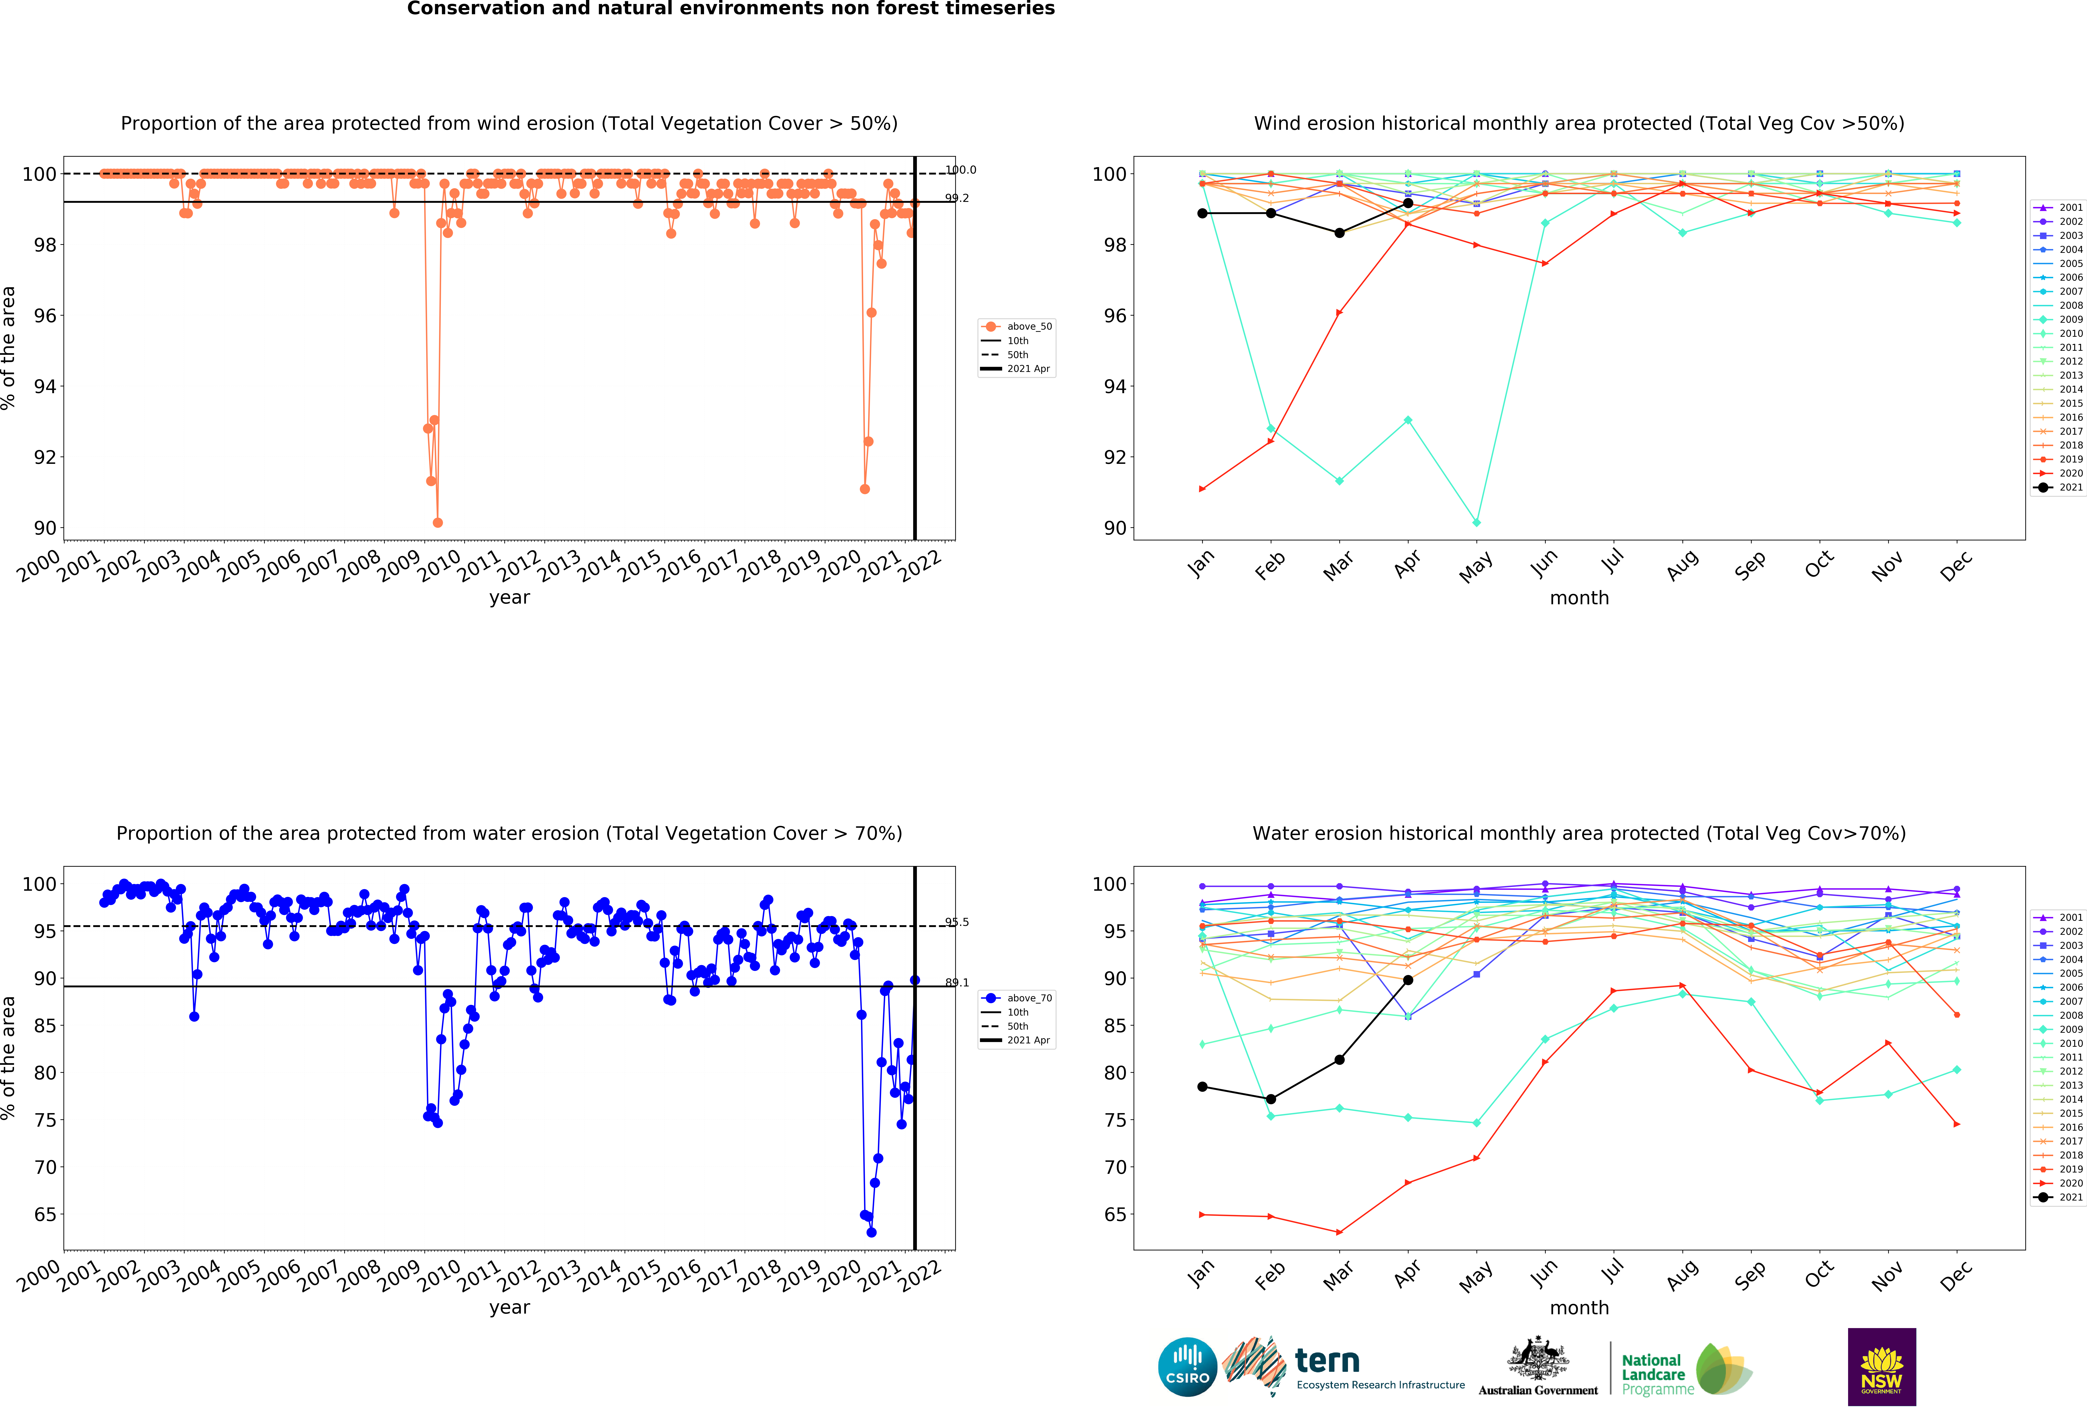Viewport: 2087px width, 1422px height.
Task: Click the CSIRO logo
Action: click(x=1187, y=1367)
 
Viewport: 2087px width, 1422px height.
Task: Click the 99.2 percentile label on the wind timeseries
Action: click(x=957, y=198)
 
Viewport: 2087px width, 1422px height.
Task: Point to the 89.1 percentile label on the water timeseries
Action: click(x=957, y=983)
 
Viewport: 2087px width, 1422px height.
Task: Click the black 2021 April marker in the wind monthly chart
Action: click(x=1408, y=203)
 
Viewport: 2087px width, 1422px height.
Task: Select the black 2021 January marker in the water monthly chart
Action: click(x=1202, y=1087)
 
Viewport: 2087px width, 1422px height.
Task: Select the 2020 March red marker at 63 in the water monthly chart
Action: click(x=1339, y=1233)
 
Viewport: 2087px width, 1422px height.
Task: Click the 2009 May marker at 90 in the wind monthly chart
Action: click(x=1476, y=522)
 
